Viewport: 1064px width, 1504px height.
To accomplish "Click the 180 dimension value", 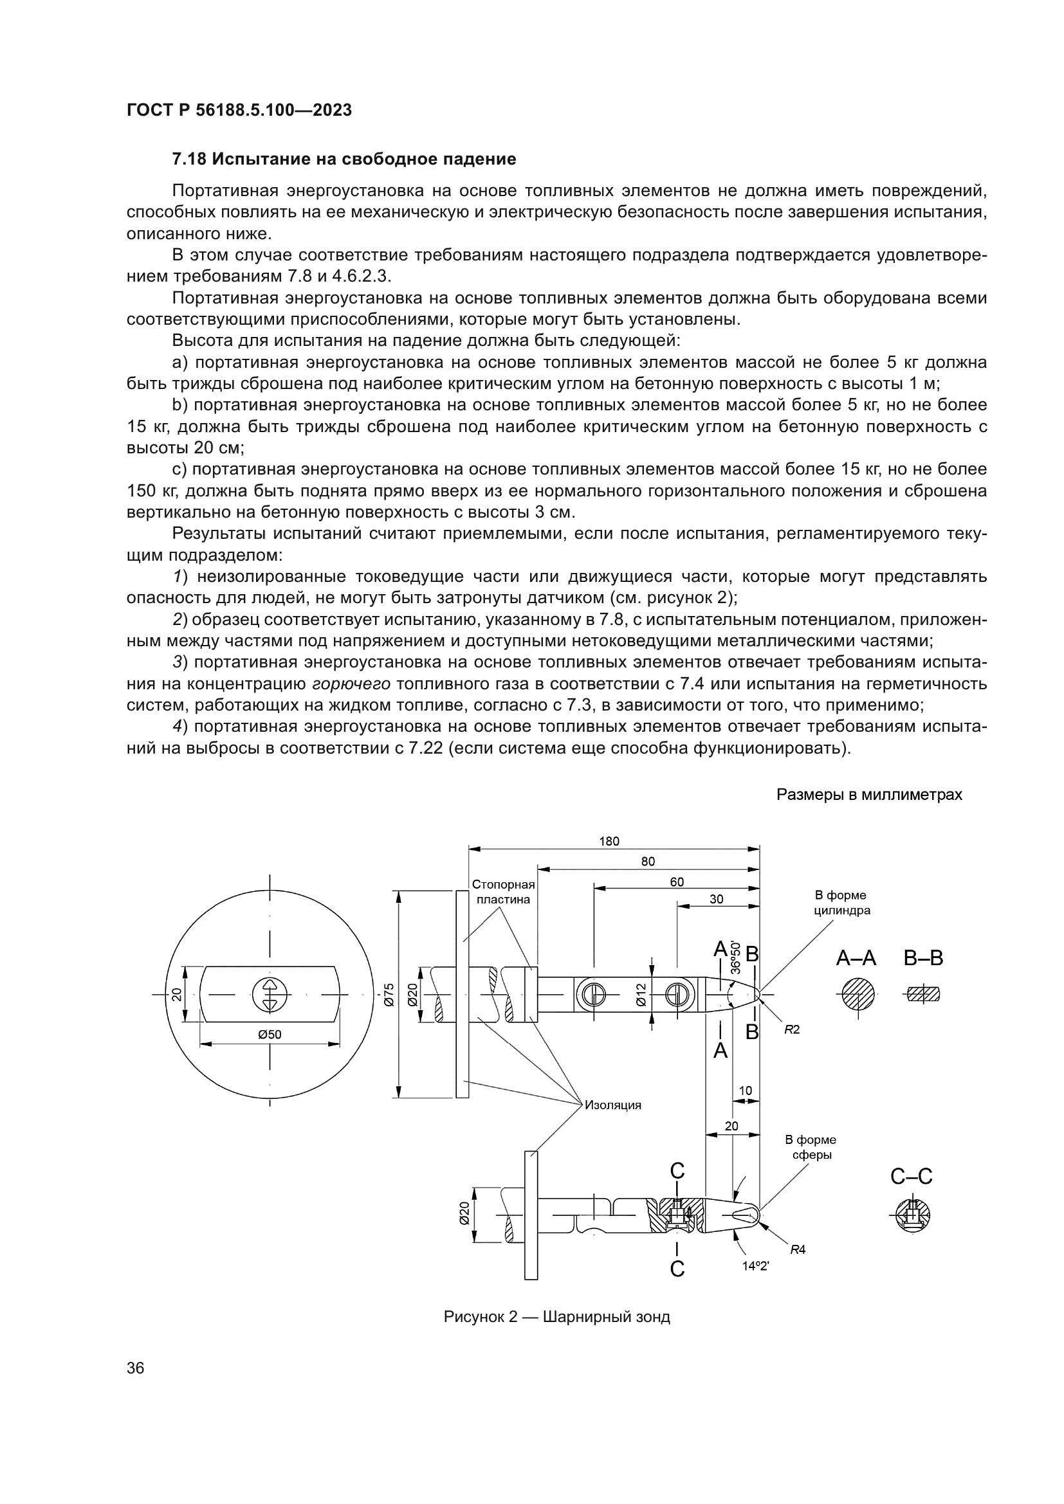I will coord(609,841).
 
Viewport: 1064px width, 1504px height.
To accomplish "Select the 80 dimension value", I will coord(647,862).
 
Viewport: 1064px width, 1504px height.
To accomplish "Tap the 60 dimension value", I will coord(677,882).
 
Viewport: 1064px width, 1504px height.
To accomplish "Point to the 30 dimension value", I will coord(716,900).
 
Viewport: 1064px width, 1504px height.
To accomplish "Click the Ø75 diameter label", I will coord(389,994).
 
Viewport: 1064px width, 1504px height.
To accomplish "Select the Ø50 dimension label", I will coord(270,1035).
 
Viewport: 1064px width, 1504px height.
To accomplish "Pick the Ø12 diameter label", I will coord(641,993).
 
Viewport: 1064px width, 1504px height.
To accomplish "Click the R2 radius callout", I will coord(792,1029).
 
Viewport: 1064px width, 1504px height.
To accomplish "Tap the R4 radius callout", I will coord(797,1249).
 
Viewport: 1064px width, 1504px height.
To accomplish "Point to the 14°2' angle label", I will coord(755,1266).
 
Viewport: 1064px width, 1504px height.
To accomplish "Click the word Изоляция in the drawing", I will coord(612,1105).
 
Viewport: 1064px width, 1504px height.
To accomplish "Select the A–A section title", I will coord(856,958).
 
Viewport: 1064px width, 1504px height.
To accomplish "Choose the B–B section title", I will coord(923,958).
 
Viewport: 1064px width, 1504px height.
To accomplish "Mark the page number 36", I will coord(136,1368).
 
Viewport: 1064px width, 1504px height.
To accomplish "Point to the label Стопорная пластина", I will coord(503,892).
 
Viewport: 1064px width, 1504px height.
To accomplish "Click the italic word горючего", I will coord(351,684).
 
